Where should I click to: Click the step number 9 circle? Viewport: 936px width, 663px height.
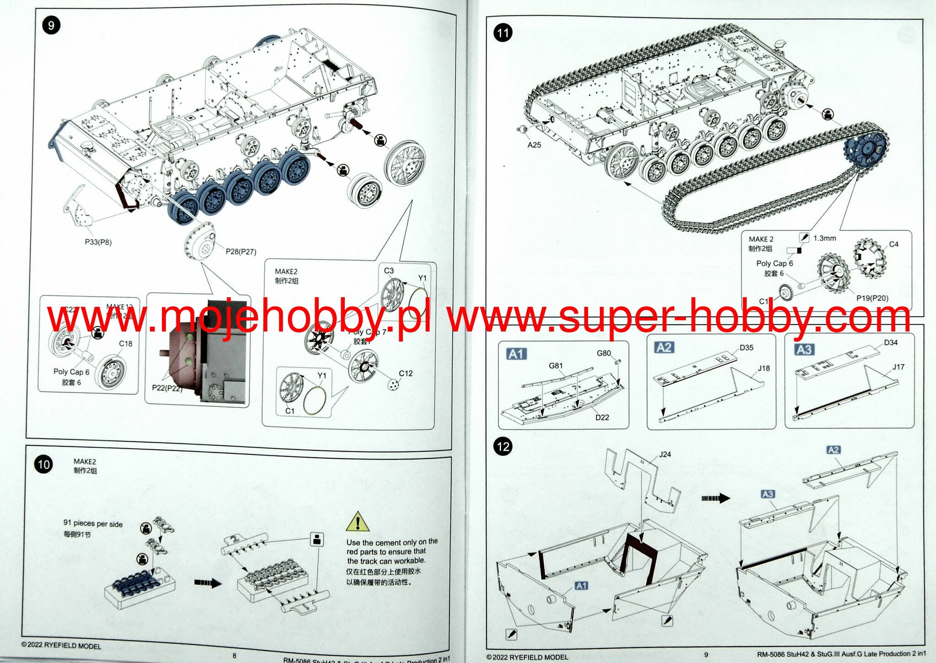51,25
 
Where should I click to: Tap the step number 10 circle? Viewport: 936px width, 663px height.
43,465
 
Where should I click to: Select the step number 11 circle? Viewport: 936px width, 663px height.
503,33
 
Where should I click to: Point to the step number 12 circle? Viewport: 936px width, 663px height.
503,446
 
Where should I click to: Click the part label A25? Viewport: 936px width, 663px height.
534,145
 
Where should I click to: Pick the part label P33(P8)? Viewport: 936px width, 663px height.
98,242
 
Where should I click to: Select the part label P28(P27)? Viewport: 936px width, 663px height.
241,251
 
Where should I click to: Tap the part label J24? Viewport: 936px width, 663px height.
665,454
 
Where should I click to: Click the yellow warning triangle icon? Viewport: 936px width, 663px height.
358,522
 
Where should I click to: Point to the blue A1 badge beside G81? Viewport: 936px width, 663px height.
517,354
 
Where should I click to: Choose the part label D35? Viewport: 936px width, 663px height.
746,348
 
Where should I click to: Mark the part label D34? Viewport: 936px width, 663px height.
891,342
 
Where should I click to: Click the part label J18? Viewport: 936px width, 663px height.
764,368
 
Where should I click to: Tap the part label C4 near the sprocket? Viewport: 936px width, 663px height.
893,244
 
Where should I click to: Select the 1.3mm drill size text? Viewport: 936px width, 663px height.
824,238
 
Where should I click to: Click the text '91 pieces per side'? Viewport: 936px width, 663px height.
93,524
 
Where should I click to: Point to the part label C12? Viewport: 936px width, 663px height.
406,374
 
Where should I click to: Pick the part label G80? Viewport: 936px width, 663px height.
604,353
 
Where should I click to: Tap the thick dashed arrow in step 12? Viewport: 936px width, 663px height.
715,498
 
